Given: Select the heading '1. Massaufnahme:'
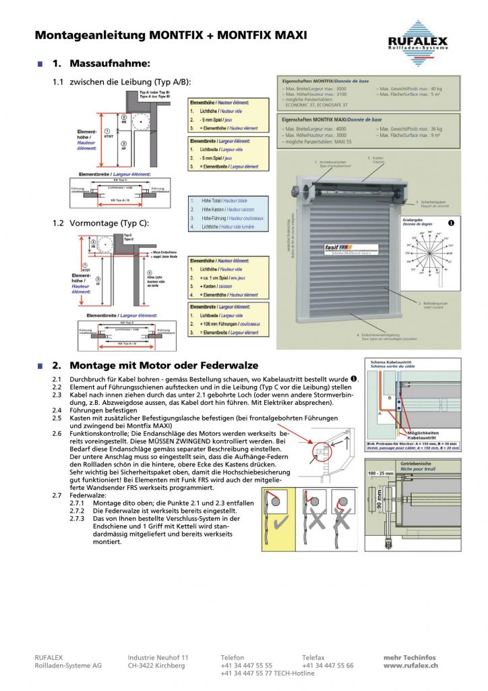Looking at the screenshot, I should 101,63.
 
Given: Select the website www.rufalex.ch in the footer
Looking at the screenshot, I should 411,665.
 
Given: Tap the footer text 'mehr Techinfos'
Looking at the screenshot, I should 410,657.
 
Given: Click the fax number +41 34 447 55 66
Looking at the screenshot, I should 328,665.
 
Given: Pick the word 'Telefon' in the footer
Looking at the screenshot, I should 233,657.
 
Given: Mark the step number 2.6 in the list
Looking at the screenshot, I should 57,433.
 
